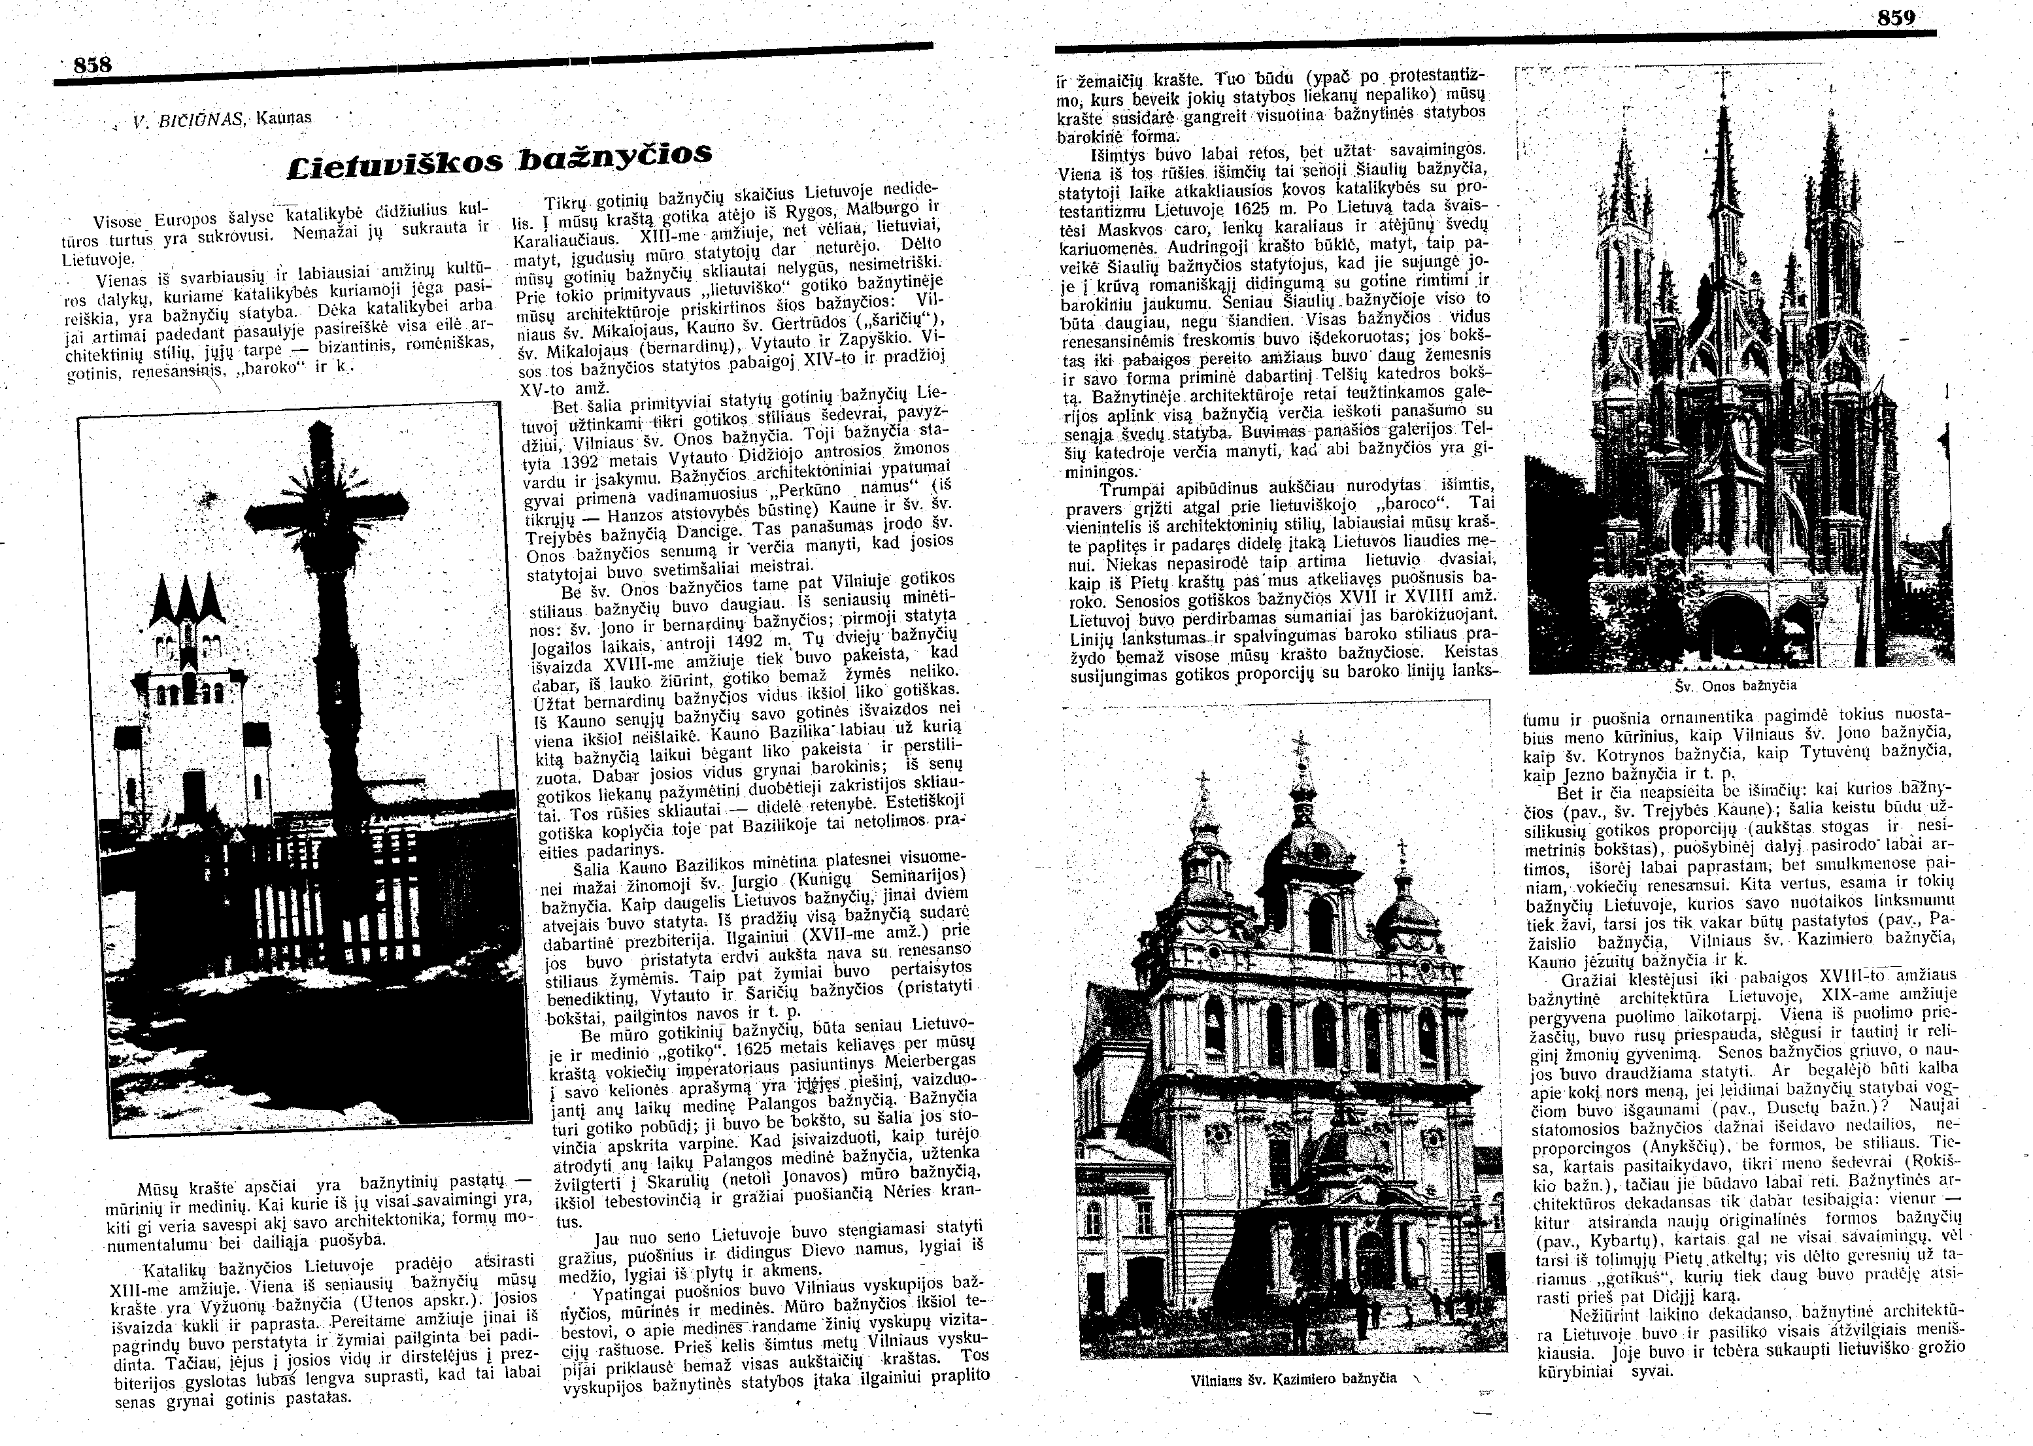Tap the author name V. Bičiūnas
(x=188, y=118)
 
